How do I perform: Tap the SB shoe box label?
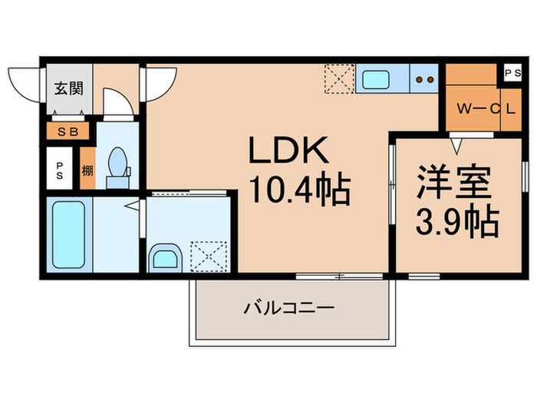point(68,132)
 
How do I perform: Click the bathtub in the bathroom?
point(68,233)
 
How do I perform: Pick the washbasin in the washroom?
point(165,257)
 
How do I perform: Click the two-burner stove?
point(424,79)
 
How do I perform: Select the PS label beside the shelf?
point(60,170)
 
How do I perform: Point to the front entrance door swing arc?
point(23,79)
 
